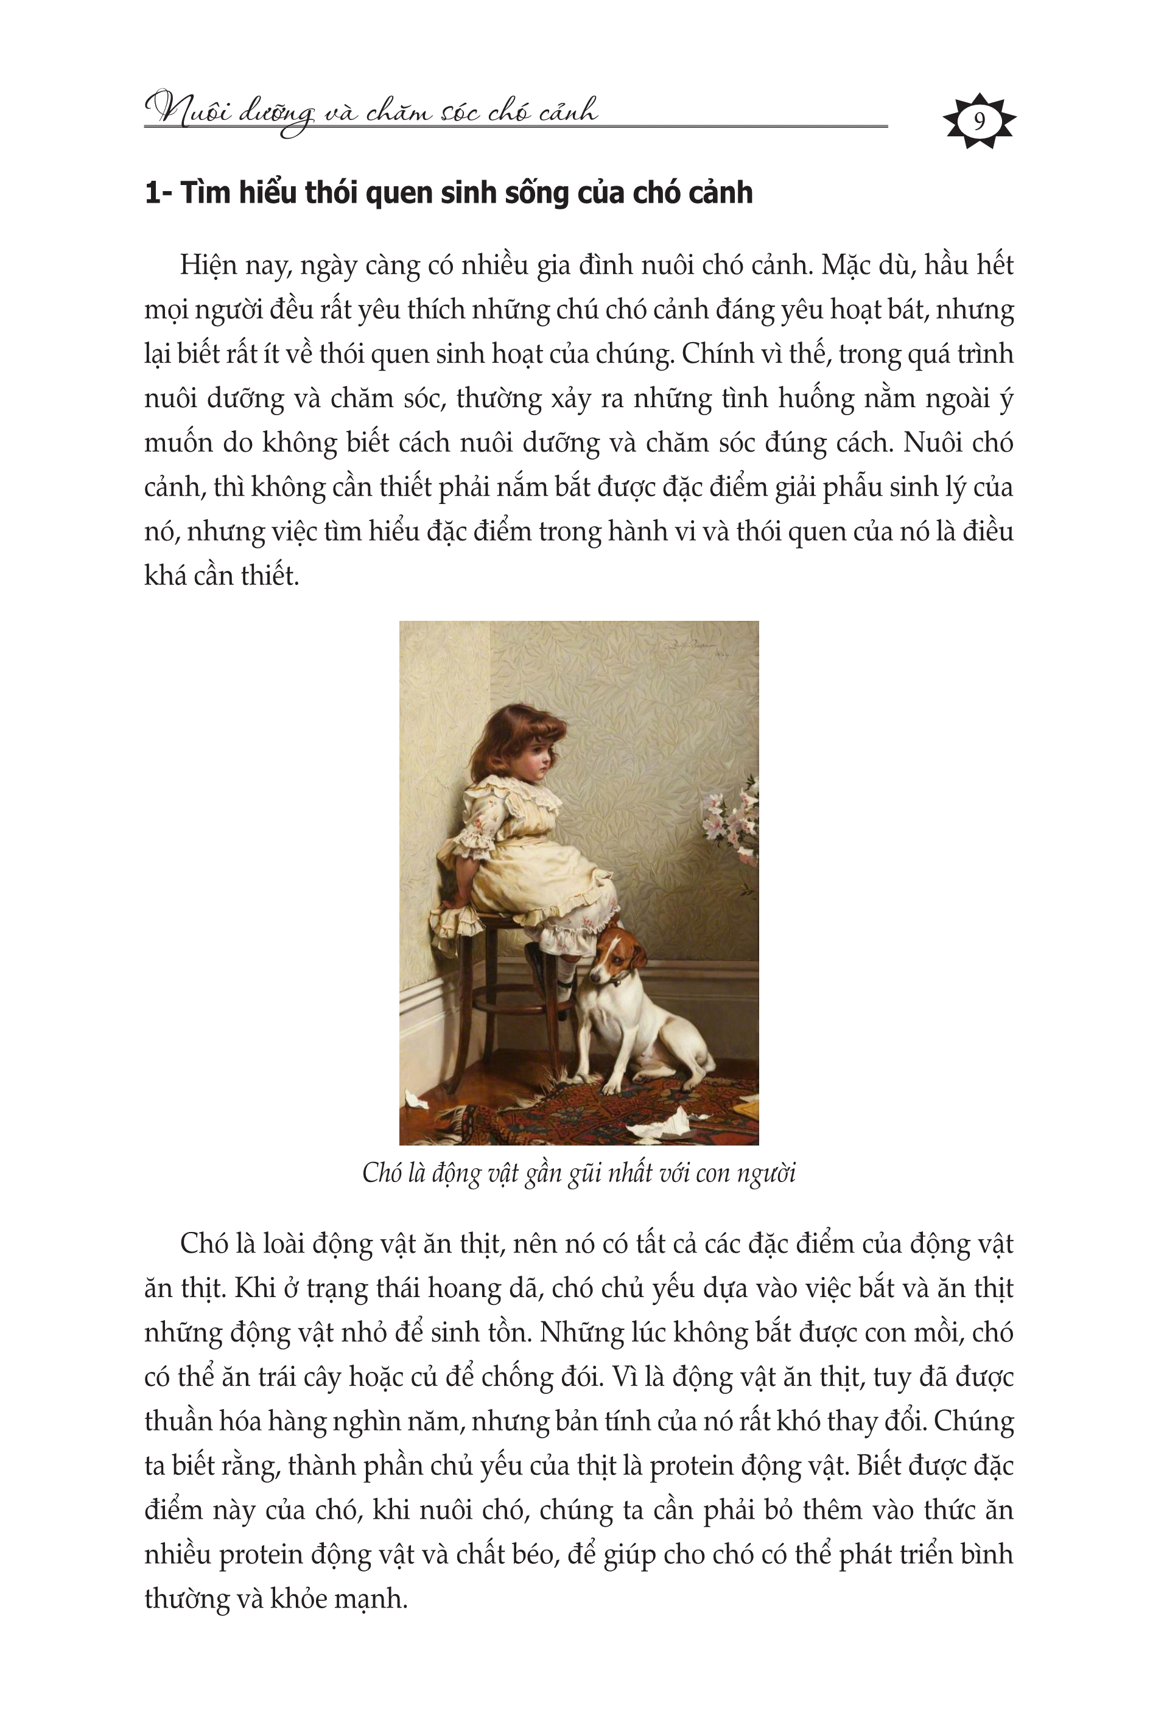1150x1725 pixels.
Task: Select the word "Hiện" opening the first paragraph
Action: point(205,265)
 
